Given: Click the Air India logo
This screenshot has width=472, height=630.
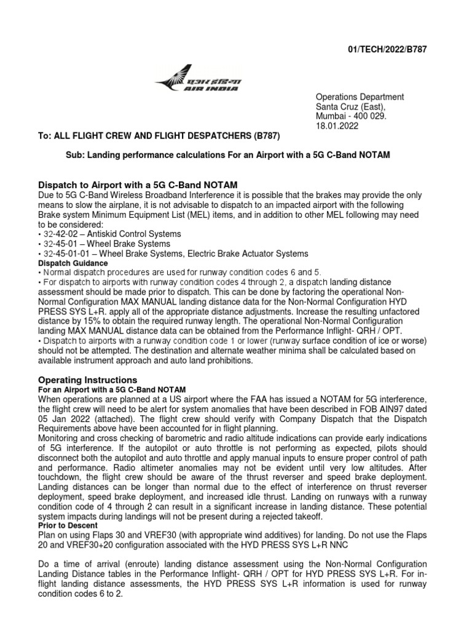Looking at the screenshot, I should click(199, 85).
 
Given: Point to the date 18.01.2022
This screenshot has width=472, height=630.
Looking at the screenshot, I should click(337, 126).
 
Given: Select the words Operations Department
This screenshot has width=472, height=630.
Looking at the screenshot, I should click(360, 97).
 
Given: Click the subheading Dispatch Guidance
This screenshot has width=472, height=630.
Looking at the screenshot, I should click(69, 263).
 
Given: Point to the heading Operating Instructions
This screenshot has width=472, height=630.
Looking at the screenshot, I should click(88, 380).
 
